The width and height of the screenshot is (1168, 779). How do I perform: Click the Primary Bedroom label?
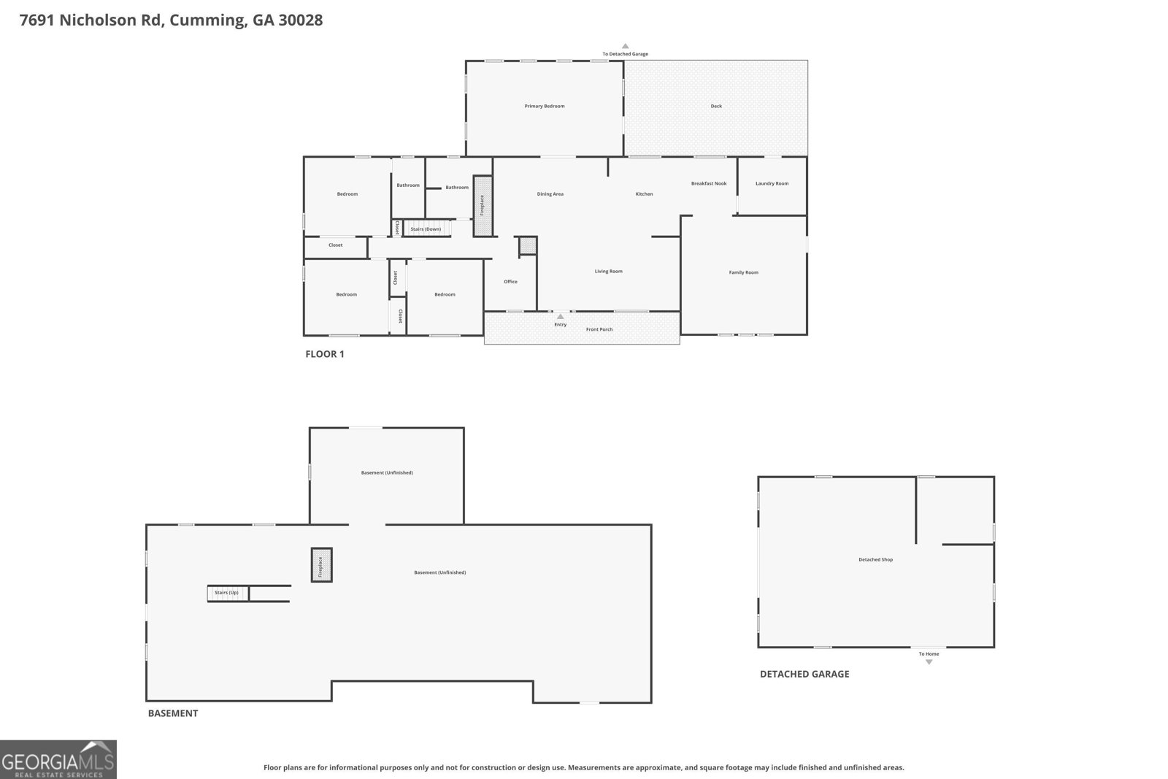[545, 106]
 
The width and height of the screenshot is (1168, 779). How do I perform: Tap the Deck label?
[716, 106]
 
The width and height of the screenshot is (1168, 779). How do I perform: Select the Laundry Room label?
[772, 183]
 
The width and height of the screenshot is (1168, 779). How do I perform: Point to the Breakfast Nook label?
[709, 183]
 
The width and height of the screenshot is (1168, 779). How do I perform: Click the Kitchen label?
[644, 193]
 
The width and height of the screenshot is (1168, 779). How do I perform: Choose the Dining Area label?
[550, 193]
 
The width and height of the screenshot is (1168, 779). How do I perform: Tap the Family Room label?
[744, 272]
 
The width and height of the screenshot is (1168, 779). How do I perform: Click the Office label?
[510, 281]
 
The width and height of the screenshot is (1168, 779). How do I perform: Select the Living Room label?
[609, 271]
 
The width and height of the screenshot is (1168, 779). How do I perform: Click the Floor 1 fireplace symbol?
[483, 206]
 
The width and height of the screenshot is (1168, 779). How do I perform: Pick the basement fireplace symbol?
[321, 564]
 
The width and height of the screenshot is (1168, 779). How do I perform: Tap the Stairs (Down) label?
[426, 229]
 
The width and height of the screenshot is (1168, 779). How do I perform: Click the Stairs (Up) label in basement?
[226, 592]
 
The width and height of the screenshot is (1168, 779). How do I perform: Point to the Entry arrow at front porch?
[560, 317]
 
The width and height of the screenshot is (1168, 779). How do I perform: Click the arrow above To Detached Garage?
[625, 47]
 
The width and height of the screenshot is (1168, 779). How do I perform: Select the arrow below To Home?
[929, 661]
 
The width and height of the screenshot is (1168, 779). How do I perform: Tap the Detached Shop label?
[875, 559]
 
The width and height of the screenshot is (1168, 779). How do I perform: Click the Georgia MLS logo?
[58, 759]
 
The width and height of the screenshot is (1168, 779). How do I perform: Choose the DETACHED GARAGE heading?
[804, 674]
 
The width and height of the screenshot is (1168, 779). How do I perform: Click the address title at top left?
[171, 20]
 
